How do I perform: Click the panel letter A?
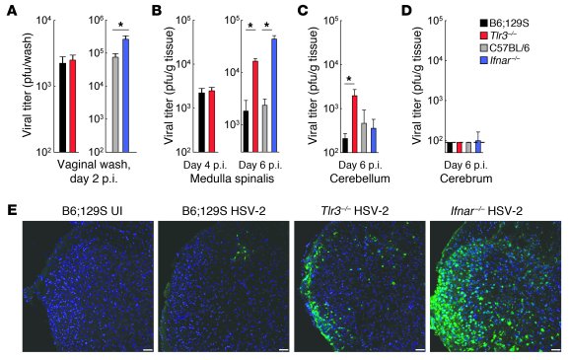coord(10,9)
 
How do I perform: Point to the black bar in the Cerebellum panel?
coord(344,144)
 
